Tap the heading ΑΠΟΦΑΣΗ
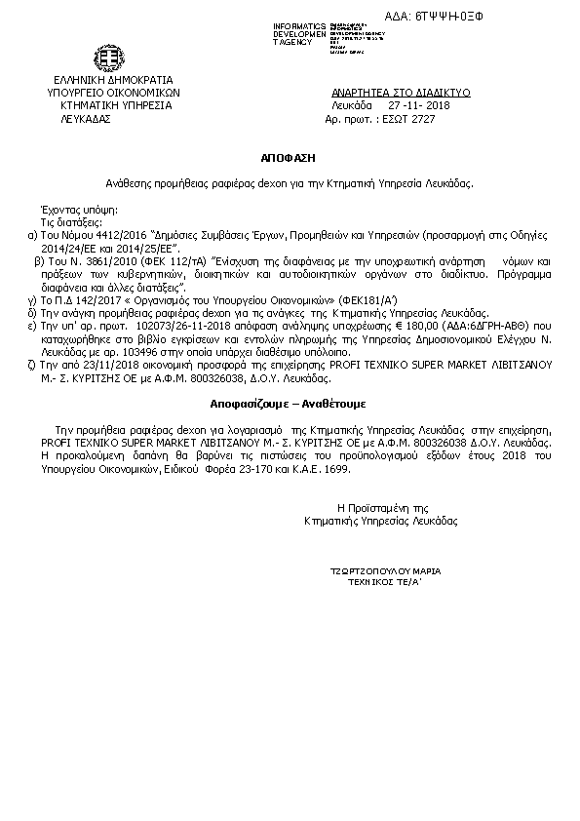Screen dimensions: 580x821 click(x=289, y=155)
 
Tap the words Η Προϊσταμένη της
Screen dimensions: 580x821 click(x=382, y=508)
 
